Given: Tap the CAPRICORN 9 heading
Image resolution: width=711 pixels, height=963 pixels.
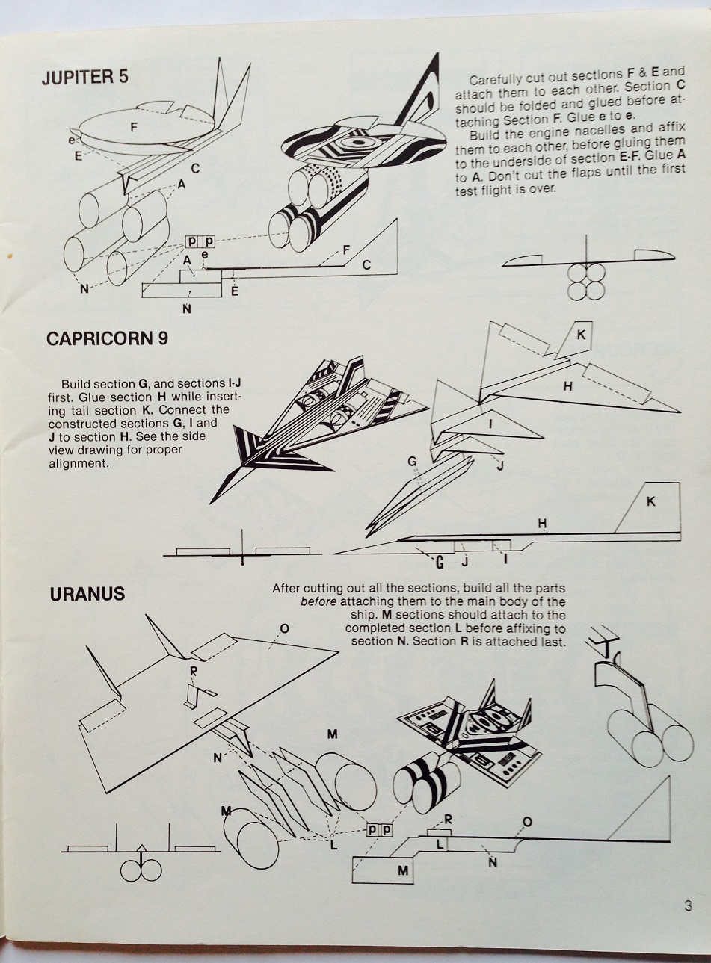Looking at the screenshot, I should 107,338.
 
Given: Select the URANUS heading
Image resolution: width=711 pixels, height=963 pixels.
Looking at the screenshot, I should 87,595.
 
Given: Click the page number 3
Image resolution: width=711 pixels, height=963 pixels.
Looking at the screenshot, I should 687,907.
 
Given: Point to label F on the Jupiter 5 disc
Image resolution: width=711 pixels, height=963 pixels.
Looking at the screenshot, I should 134,128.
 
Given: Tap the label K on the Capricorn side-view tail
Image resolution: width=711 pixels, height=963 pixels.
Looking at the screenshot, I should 650,501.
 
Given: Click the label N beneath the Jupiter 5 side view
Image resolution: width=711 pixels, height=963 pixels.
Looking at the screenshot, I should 186,309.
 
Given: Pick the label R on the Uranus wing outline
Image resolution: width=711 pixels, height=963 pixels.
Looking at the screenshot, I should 194,670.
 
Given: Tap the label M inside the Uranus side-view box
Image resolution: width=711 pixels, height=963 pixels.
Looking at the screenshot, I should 403,870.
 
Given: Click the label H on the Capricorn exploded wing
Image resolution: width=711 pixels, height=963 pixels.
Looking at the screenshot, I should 568,386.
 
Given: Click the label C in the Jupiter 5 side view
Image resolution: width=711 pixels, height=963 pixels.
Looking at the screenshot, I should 366,265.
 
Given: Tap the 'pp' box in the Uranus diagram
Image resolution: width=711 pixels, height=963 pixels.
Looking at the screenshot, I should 378,829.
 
